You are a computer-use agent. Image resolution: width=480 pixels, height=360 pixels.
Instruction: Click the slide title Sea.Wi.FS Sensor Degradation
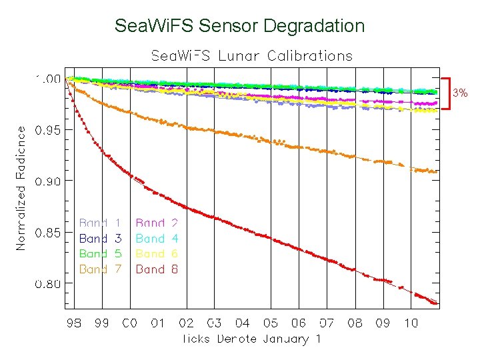coord(239,26)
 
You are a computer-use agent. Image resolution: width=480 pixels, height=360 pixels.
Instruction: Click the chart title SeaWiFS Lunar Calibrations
coord(251,55)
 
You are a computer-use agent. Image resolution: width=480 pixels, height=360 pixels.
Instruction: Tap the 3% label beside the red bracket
coord(461,93)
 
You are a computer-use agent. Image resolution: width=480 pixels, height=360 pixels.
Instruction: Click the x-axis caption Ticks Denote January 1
coord(251,339)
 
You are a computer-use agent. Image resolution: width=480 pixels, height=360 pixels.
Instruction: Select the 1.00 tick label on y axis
coord(48,79)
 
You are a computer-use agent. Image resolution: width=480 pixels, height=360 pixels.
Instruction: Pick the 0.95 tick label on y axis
coord(48,130)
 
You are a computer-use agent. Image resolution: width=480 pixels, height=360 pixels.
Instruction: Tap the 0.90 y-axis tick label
coord(48,181)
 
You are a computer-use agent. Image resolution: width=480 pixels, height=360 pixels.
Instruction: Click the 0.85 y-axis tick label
coord(48,233)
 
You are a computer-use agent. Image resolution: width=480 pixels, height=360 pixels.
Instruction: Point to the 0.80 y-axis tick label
coord(48,284)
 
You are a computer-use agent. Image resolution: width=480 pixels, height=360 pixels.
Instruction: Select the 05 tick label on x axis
coord(270,323)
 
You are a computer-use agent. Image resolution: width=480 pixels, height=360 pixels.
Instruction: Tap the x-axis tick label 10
coord(411,323)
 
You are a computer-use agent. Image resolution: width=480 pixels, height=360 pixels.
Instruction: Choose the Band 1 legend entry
coord(100,223)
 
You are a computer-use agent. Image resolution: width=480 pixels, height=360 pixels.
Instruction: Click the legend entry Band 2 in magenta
coord(157,223)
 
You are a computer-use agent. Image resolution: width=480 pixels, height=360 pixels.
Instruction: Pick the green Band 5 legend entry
coord(100,254)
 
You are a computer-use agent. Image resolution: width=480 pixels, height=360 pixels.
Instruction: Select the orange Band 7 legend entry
coord(100,269)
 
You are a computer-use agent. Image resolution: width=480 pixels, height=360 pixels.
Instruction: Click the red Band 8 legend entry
coord(157,269)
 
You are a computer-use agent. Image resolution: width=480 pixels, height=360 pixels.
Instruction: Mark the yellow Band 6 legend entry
coord(157,254)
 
